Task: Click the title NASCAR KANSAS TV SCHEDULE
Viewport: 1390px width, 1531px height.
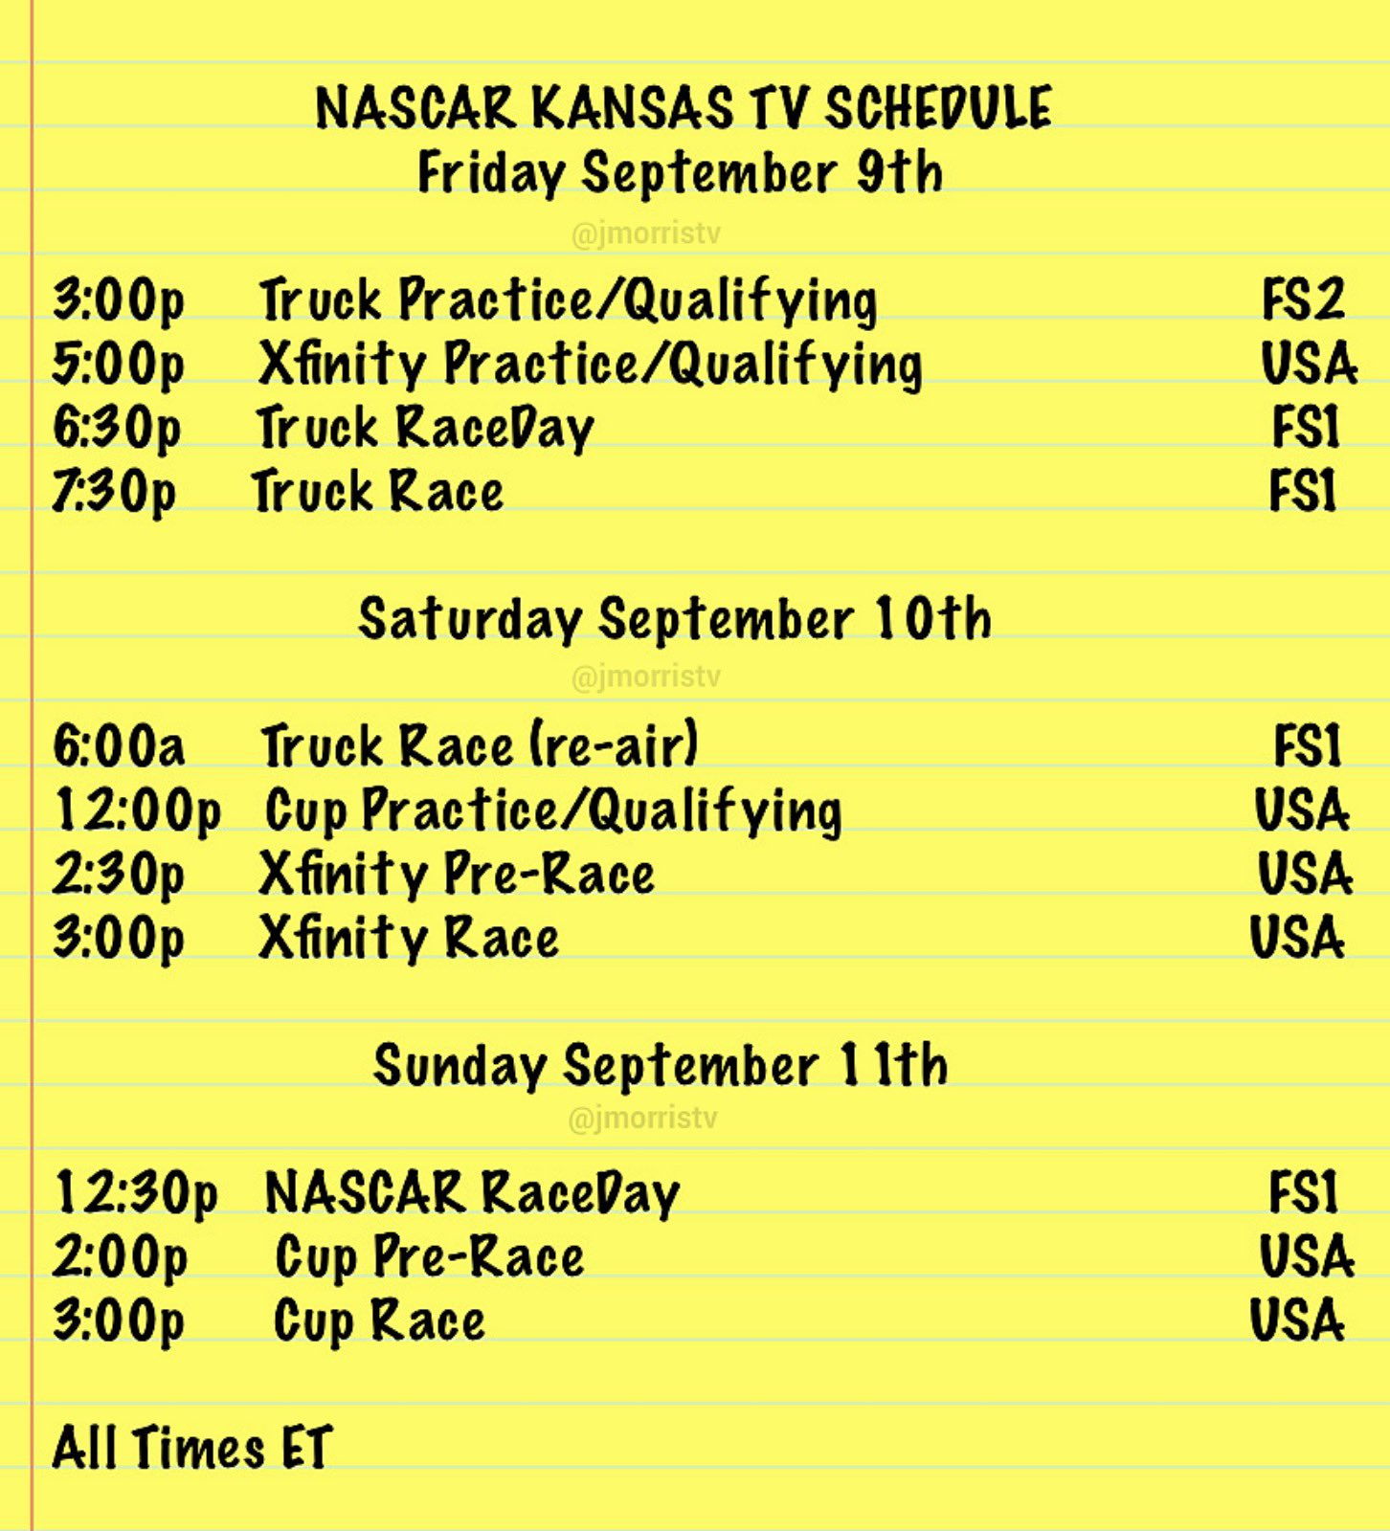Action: pos(684,107)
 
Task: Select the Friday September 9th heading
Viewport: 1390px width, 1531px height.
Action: pos(681,173)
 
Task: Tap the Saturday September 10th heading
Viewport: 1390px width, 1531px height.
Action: pos(675,618)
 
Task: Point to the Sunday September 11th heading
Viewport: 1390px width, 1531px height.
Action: pos(661,1065)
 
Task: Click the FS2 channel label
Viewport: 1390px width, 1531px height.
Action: pos(1303,299)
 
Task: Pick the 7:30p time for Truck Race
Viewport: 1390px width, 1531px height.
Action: pos(114,492)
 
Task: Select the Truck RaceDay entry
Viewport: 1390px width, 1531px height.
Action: pos(425,428)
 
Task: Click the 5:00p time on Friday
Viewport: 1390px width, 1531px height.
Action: pos(118,364)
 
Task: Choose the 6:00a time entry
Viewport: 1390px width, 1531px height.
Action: pos(119,745)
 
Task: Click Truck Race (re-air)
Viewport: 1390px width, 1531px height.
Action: pos(480,745)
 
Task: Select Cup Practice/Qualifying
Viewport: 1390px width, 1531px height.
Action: pos(553,811)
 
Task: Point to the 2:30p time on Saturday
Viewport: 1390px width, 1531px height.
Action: pos(118,875)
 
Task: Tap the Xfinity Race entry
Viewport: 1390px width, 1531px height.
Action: pos(409,938)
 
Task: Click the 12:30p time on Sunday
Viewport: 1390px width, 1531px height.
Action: pos(136,1193)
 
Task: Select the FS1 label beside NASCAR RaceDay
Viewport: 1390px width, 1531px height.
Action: pos(1302,1192)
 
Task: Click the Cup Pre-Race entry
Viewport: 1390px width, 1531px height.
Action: pos(429,1256)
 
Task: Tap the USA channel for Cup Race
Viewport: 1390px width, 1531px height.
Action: pos(1297,1320)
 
